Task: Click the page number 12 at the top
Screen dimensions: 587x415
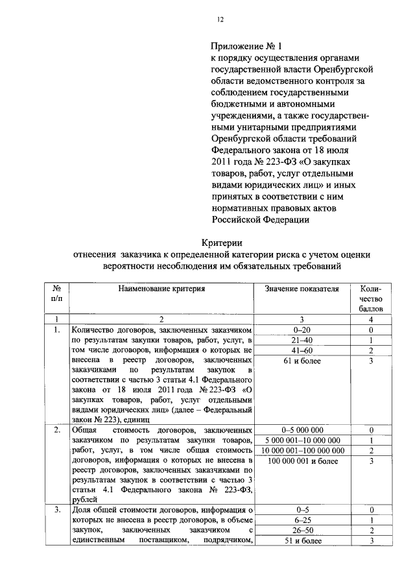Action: point(220,20)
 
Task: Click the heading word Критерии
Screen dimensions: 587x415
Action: point(220,242)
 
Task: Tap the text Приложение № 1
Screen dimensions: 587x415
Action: point(247,46)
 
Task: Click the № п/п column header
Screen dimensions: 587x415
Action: point(56,293)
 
